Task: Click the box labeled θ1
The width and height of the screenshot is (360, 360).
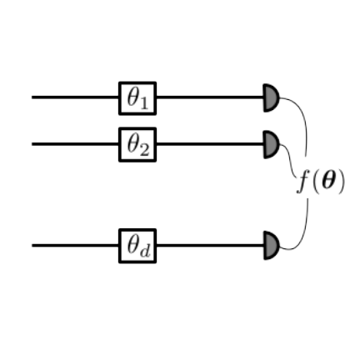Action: (137, 98)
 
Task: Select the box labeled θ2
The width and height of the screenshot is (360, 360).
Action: (137, 144)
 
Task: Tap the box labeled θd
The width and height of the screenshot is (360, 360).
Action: (137, 246)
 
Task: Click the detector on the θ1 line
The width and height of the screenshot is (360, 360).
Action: (271, 97)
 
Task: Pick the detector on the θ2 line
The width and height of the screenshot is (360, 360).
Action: (271, 144)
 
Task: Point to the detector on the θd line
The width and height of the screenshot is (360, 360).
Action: (271, 246)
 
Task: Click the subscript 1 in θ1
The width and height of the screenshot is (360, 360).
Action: (144, 104)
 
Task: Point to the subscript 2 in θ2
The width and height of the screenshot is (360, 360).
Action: (144, 150)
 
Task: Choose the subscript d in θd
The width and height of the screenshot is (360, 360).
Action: (145, 252)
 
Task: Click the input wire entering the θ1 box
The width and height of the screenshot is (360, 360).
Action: (76, 97)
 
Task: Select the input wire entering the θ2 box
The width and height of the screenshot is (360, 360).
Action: (76, 144)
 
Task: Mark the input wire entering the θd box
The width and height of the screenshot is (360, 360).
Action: (76, 245)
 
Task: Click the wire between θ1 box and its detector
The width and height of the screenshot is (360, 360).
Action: (210, 97)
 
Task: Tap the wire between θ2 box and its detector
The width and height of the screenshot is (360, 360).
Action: (210, 144)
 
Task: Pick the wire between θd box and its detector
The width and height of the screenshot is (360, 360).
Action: (210, 245)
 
